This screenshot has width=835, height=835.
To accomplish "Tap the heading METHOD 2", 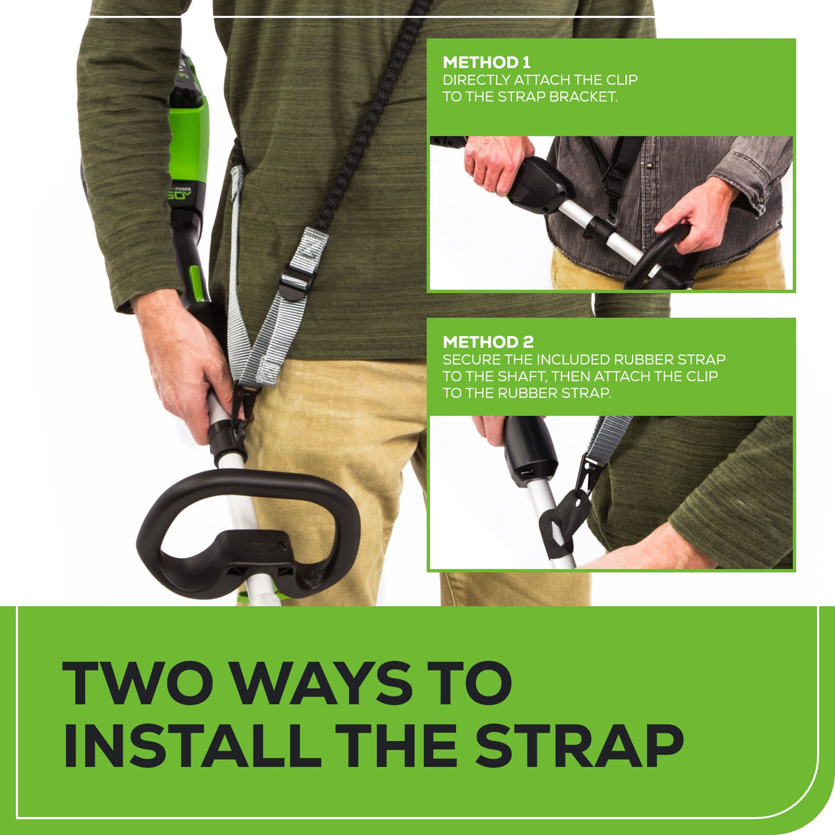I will click(488, 342).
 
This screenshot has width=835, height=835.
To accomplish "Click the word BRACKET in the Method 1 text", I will click(583, 97).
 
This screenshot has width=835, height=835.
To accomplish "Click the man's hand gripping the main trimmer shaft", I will click(182, 362).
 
